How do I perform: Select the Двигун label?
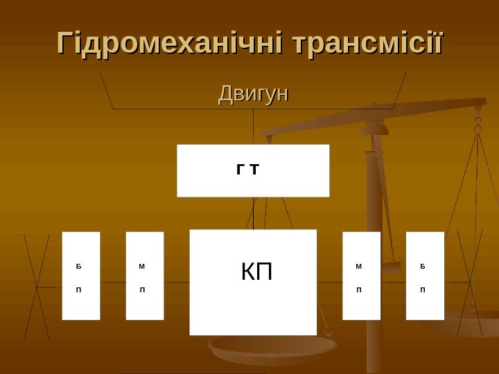point(253,93)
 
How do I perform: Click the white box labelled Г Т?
point(253,170)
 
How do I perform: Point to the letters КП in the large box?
point(256,272)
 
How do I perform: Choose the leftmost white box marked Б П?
point(81,276)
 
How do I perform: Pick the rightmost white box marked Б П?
point(424,276)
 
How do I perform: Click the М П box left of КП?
point(144,276)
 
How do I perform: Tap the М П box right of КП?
point(361,276)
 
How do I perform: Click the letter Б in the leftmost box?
point(78,266)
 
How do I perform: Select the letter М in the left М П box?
point(142,266)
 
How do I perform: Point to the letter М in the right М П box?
point(358,266)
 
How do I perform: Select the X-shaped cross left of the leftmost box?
point(37,285)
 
